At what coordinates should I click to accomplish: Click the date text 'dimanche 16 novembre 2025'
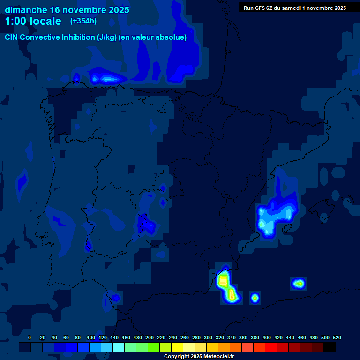click(67, 10)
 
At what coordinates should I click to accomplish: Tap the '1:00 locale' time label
click(33, 21)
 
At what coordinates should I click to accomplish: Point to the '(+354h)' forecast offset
click(83, 21)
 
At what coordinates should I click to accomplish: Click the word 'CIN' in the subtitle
click(12, 37)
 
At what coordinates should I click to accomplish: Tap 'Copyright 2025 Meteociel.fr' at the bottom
click(199, 356)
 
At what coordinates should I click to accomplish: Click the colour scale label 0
click(30, 337)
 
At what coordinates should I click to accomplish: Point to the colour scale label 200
click(150, 337)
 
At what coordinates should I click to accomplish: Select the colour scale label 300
click(208, 337)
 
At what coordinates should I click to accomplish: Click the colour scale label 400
click(267, 337)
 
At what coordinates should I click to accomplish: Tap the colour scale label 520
click(337, 337)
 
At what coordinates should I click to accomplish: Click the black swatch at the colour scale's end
click(329, 347)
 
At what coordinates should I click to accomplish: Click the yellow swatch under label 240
click(177, 347)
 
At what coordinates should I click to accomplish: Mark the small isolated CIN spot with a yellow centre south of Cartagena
click(255, 297)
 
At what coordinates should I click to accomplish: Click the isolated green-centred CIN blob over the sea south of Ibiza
click(299, 283)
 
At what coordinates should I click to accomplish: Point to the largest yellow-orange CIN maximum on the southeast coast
click(224, 281)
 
